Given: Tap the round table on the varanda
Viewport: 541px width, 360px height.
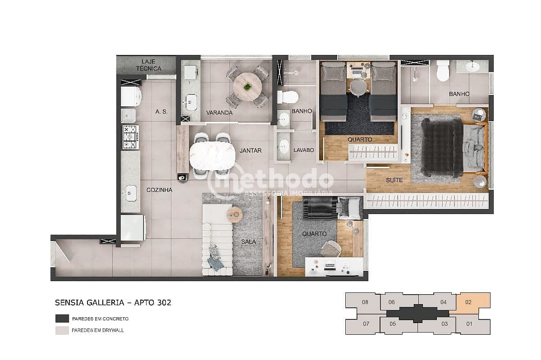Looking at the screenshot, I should pos(247,86).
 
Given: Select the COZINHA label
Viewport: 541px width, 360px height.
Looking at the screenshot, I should pos(159,190).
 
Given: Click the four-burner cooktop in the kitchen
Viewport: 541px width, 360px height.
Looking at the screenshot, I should pos(130,137).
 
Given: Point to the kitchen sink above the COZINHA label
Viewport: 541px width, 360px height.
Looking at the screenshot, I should pos(131,193).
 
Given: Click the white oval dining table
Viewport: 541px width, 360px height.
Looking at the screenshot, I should pos(212,154).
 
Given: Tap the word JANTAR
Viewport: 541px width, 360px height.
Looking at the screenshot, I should pos(250,150).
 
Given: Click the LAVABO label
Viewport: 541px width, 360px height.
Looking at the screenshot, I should pos(303,150).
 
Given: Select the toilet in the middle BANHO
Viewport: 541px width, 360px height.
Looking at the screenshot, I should pos(288,96).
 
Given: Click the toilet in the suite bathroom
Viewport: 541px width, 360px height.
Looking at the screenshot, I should pos(443,71).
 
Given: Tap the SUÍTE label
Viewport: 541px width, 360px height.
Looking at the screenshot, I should pos(394,180).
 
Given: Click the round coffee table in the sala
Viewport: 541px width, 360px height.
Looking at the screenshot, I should pos(234,215).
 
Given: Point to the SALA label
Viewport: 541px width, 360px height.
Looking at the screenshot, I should pos(248,242).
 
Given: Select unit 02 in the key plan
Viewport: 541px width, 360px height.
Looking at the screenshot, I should pos(469,302).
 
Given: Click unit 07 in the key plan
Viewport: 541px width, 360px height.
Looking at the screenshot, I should pos(366,324).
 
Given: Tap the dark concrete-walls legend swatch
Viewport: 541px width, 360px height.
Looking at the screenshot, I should pos(62,319).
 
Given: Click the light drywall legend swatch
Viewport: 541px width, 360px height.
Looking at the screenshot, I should pos(62,330).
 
